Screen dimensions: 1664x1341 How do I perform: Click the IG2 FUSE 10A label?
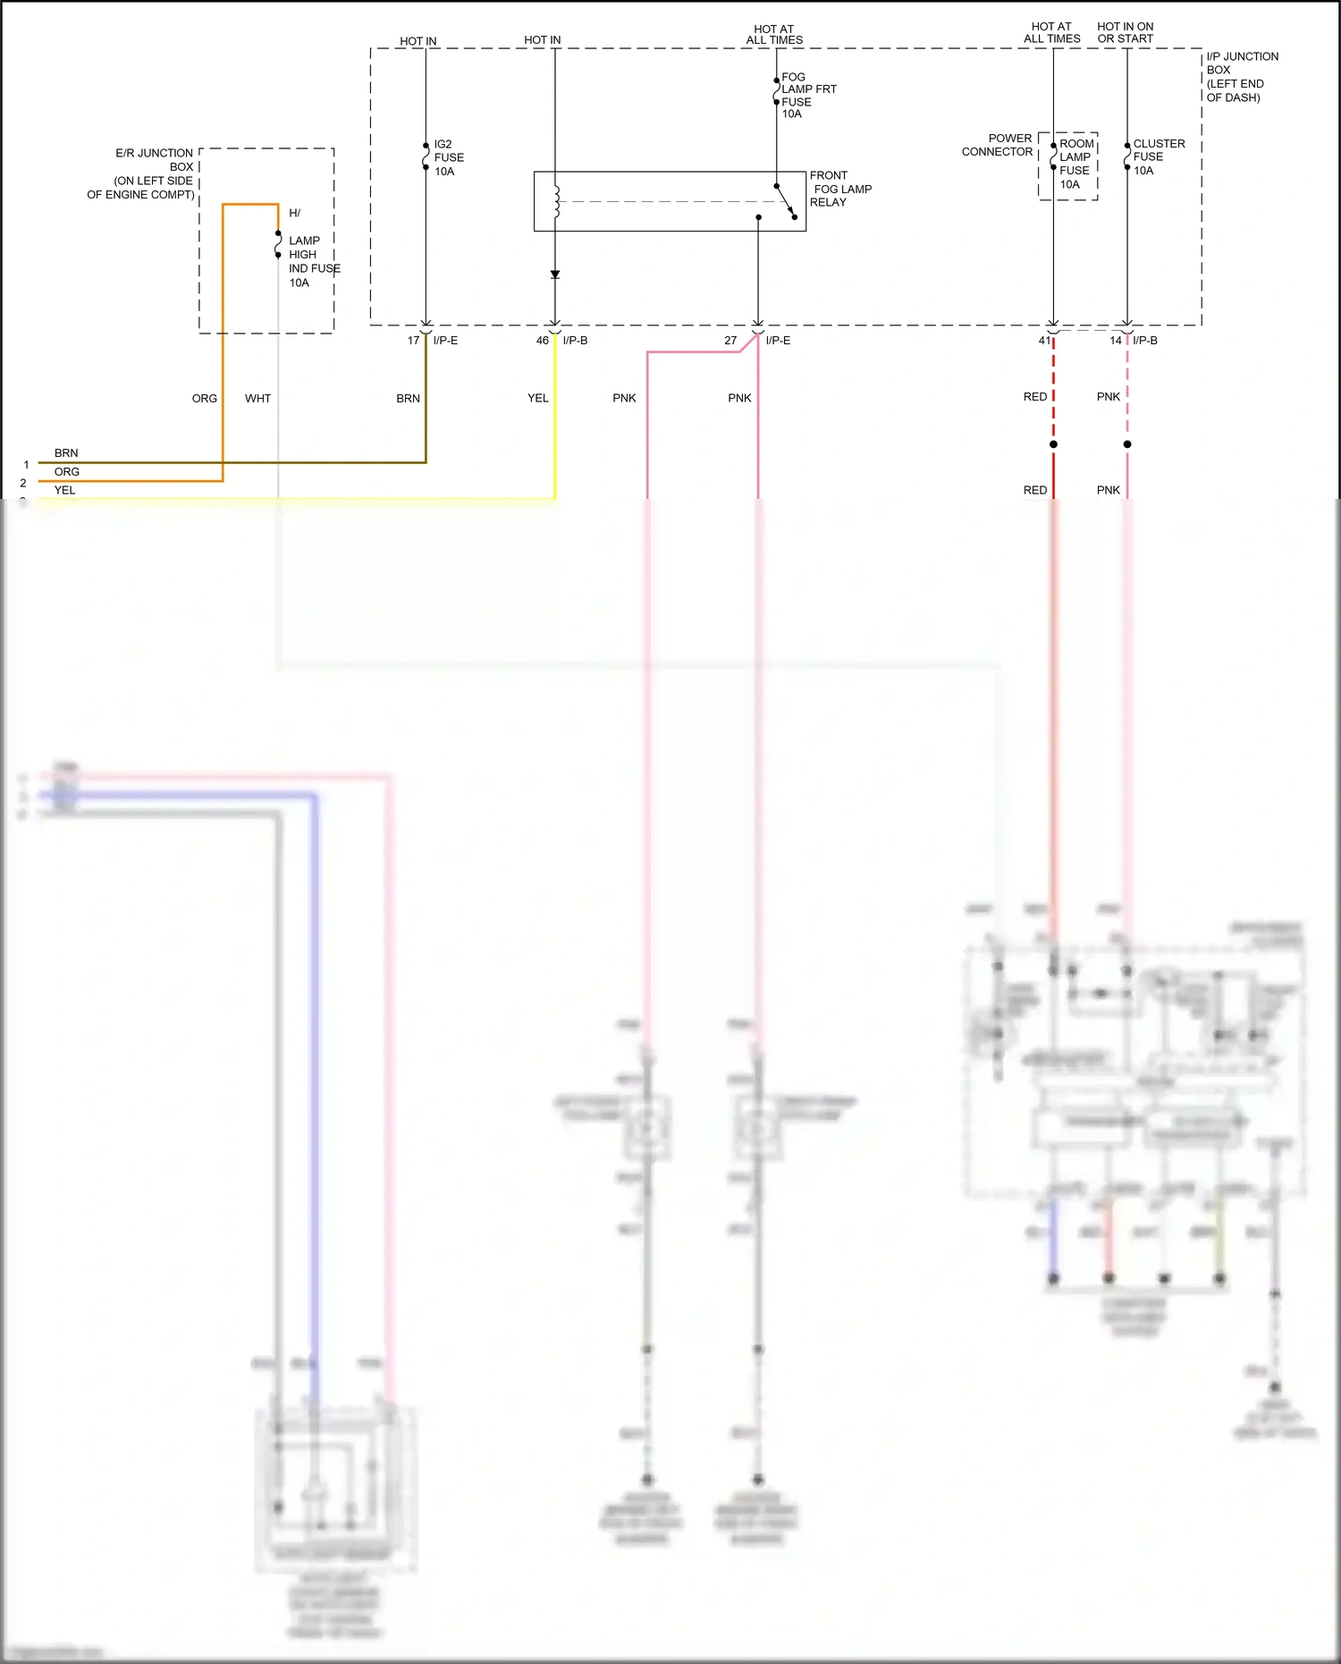(448, 157)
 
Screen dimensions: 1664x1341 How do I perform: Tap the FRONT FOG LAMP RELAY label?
(839, 189)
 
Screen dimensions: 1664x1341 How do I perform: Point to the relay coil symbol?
(556, 201)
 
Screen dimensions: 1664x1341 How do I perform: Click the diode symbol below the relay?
(555, 275)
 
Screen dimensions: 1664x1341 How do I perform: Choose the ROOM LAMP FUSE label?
(1075, 164)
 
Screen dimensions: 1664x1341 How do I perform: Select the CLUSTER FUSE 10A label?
(1158, 156)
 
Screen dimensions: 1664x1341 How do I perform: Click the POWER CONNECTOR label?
(997, 145)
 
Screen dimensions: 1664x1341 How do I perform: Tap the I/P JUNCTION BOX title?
(1242, 77)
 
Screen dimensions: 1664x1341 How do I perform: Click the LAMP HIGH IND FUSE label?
(313, 261)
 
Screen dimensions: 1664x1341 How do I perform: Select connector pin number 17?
(413, 341)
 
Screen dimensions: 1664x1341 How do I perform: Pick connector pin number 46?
(542, 341)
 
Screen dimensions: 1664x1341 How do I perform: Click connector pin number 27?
(730, 341)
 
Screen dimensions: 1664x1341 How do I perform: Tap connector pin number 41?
(1043, 341)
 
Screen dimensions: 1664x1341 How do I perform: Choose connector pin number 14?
(1115, 341)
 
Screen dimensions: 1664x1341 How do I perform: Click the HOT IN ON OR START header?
(1125, 33)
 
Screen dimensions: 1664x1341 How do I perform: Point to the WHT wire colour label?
(257, 399)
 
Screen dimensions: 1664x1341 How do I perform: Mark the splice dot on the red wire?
(1053, 444)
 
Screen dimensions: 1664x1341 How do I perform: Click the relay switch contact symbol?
(785, 201)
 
